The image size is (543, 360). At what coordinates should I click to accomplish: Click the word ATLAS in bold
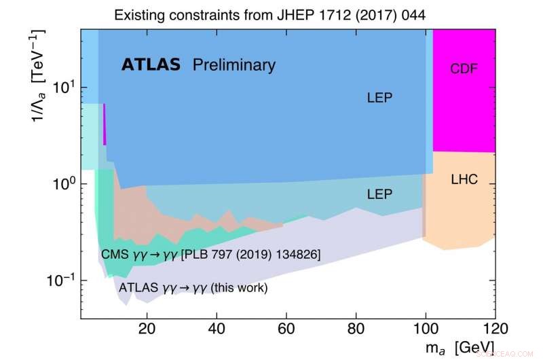151,65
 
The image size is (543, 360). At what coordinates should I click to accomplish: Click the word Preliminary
234,65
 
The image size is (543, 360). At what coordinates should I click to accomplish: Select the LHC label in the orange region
464,180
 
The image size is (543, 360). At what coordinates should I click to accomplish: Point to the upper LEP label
379,98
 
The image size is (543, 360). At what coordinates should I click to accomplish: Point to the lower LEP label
379,194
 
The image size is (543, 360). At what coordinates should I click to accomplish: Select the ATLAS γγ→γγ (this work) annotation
193,287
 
